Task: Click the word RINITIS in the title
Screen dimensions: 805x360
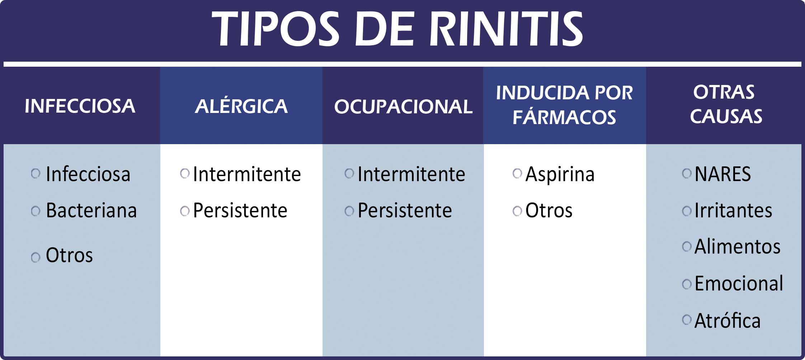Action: coord(507,29)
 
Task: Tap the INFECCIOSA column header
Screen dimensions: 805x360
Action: coord(80,106)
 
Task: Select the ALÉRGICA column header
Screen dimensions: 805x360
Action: coord(241,106)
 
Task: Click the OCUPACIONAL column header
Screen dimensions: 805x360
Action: coord(403,106)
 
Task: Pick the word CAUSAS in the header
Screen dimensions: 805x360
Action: coord(726,116)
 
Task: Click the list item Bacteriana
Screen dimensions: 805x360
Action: coord(91,210)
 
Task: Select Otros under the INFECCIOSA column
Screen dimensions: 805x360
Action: coord(69,255)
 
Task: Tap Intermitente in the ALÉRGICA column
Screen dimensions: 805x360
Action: coord(247,174)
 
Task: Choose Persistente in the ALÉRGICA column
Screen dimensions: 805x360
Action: coord(240,210)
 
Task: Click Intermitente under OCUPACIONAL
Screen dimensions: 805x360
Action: coord(411,174)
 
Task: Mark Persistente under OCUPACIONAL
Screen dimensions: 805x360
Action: coord(405,210)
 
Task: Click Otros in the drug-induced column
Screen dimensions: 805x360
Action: coord(549,210)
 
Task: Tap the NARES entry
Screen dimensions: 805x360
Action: coord(722,174)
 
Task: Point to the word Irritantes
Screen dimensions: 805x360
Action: coord(733,210)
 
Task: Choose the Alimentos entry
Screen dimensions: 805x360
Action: coord(738,247)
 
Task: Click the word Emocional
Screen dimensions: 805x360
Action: coord(739,283)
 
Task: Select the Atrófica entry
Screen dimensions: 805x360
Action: coord(728,320)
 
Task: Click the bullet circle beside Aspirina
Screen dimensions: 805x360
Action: coord(517,174)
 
